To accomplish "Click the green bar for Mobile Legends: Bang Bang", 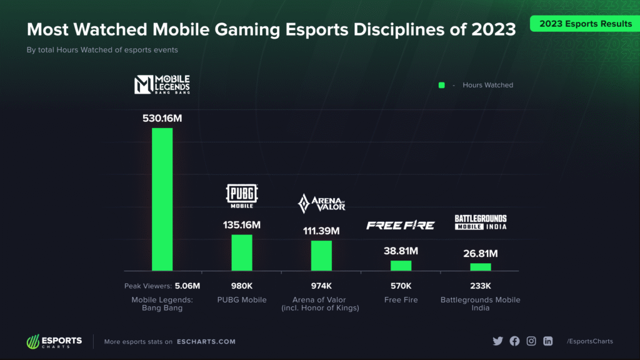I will pos(162,199).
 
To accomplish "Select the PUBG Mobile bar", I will pos(242,252).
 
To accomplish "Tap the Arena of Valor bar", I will pos(321,255).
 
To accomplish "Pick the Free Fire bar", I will pos(401,265).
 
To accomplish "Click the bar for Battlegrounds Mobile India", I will pos(481,267).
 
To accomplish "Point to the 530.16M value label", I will pos(162,117).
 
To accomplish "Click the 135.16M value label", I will pos(242,224).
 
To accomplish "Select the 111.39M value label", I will pos(321,231).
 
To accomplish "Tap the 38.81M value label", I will pos(401,251).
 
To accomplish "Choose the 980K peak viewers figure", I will pos(242,286).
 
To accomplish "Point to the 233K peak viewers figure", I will pos(481,286).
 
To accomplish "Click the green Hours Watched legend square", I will pos(442,85).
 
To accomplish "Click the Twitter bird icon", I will pos(497,341).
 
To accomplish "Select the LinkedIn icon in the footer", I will pos(548,341).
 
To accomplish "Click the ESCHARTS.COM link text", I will pos(206,342).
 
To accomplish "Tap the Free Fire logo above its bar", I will pos(401,225).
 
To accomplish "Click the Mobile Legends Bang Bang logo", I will pos(162,84).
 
